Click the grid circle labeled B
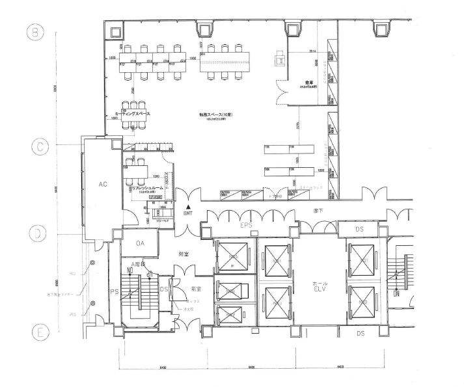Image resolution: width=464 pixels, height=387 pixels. (x=38, y=31)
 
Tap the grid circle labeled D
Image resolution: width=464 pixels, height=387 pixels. (x=38, y=233)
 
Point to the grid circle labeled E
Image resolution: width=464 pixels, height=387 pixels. (x=38, y=332)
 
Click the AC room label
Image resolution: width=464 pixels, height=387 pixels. (x=102, y=184)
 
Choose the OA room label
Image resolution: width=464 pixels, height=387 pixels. (x=139, y=243)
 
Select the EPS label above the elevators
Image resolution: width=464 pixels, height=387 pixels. (x=245, y=225)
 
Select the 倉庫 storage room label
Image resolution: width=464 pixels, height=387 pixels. (x=301, y=83)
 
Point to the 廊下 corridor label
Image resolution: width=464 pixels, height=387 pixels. (x=318, y=210)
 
